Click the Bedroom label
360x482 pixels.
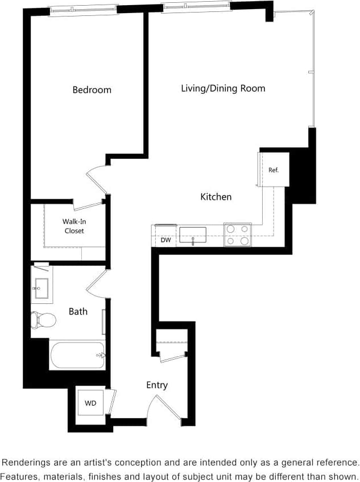(92, 90)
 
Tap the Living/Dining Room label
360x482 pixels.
(223, 88)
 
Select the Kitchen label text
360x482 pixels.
(216, 197)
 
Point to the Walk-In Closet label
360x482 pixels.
(74, 226)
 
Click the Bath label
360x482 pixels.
(78, 311)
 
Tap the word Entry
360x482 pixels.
(156, 385)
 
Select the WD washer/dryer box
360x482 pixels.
(90, 403)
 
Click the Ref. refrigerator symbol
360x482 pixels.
(274, 170)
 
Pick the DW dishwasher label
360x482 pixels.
(165, 240)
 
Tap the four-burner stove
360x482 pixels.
(238, 234)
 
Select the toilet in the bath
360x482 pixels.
(44, 320)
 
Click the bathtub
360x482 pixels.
(77, 355)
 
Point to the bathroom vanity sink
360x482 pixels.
(42, 289)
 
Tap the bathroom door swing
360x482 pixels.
(97, 283)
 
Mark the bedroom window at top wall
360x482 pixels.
(83, 10)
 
